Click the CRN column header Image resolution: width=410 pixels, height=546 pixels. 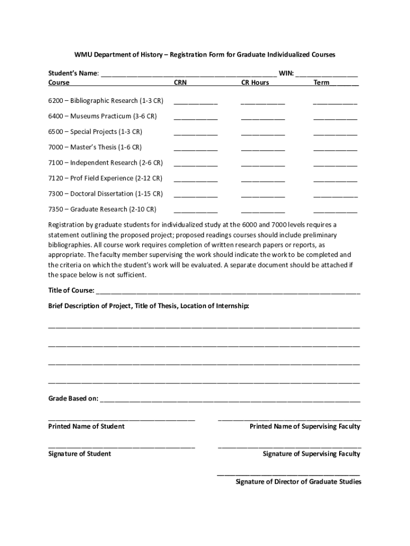(180, 83)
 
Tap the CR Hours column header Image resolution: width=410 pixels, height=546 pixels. (255, 83)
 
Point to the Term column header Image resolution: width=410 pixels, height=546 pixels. (322, 83)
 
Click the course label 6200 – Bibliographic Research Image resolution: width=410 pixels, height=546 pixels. (105, 100)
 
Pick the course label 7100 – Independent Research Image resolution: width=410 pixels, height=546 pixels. (105, 163)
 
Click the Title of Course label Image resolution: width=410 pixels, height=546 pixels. (71, 291)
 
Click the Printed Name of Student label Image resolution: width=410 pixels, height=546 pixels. (86, 427)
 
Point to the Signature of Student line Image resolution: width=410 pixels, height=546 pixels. (121, 446)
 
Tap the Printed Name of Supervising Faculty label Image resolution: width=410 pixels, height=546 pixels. (305, 427)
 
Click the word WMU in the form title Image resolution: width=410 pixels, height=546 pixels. (83, 55)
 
